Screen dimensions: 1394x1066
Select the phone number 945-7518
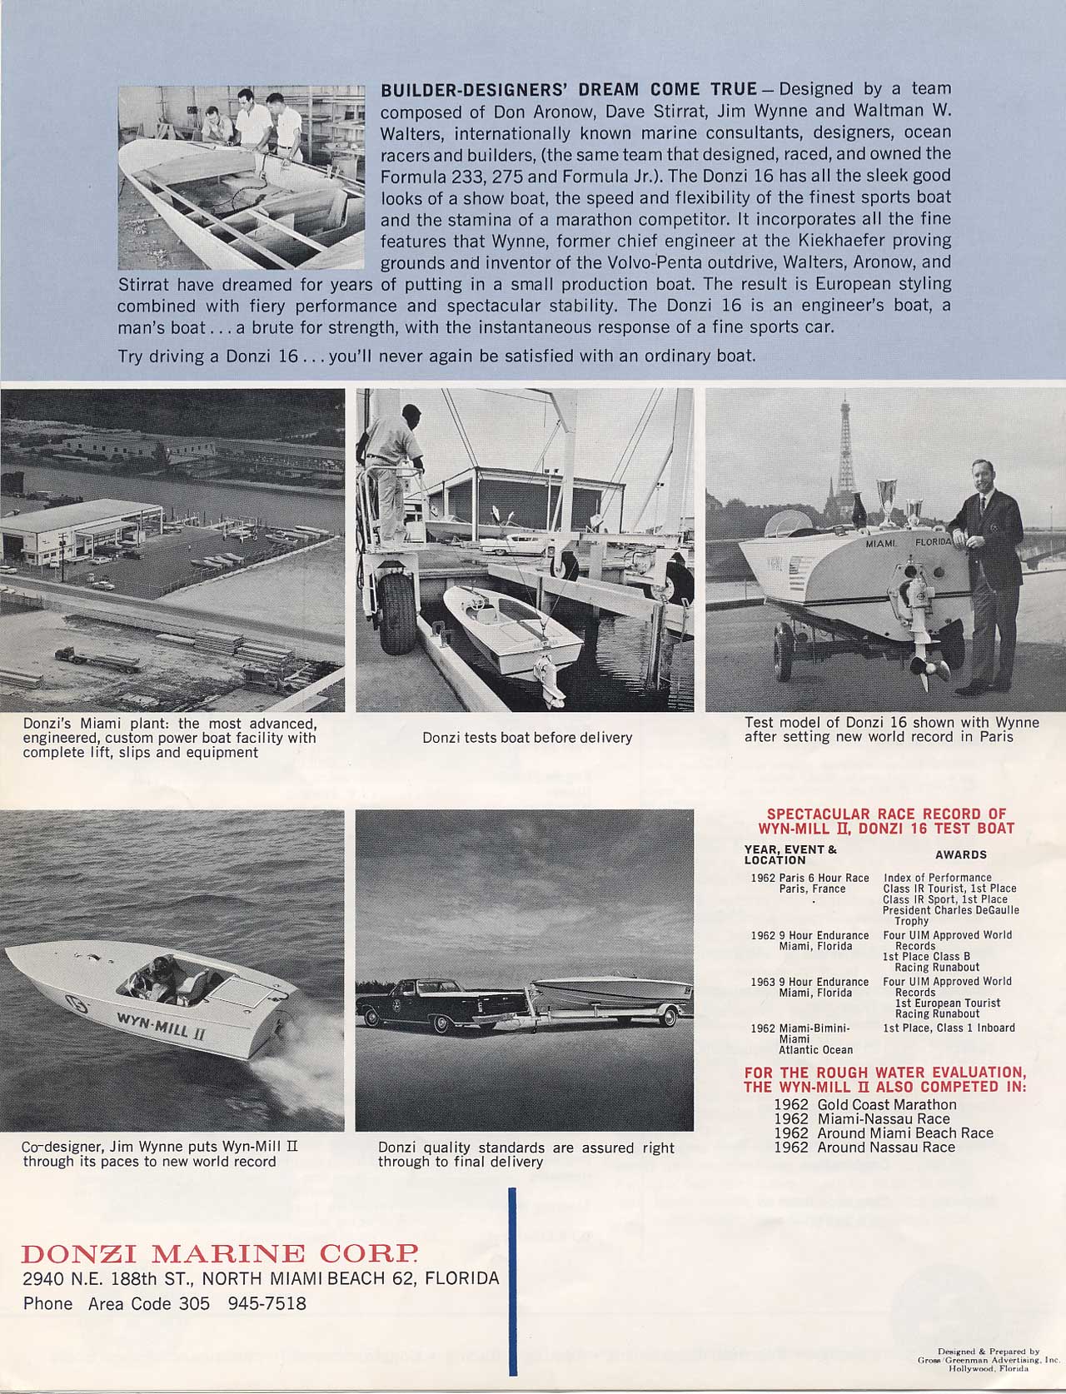pyautogui.click(x=266, y=1303)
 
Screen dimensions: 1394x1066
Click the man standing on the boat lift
pyautogui.click(x=393, y=475)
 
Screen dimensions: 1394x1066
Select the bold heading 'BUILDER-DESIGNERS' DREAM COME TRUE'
pyautogui.click(x=569, y=89)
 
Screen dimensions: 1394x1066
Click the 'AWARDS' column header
pyautogui.click(x=960, y=854)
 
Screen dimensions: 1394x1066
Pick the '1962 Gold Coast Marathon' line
pyautogui.click(x=865, y=1104)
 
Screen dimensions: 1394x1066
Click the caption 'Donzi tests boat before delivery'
pyautogui.click(x=527, y=737)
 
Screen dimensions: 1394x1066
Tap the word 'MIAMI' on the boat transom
pyautogui.click(x=881, y=543)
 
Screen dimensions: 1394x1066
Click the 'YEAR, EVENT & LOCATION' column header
pyautogui.click(x=790, y=854)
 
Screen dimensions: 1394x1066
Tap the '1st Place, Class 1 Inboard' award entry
pyautogui.click(x=949, y=1028)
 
